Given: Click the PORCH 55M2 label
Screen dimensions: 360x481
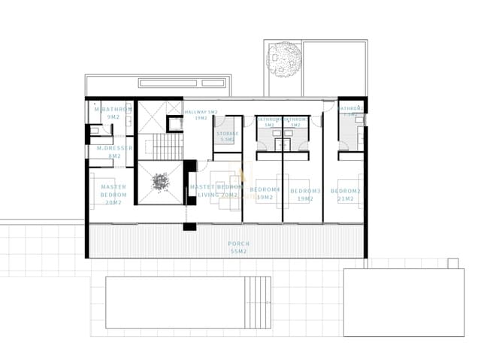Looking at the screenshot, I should pyautogui.click(x=238, y=247).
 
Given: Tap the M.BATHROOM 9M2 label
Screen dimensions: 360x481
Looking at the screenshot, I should pyautogui.click(x=113, y=113).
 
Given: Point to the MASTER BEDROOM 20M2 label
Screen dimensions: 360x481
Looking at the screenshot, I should pyautogui.click(x=113, y=194).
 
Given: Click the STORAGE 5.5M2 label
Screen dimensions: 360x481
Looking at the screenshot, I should pyautogui.click(x=227, y=137).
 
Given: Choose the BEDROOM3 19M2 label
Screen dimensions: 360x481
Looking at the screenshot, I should pyautogui.click(x=305, y=195).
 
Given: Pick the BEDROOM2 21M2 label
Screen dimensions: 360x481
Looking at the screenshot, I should pyautogui.click(x=349, y=195).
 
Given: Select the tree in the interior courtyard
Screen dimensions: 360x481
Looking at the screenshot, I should pyautogui.click(x=160, y=182).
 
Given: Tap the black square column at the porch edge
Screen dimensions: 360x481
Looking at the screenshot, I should pyautogui.click(x=189, y=226).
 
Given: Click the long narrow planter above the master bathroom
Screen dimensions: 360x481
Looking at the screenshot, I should pyautogui.click(x=183, y=82).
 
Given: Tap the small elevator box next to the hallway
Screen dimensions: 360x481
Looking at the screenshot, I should pyautogui.click(x=175, y=125).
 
